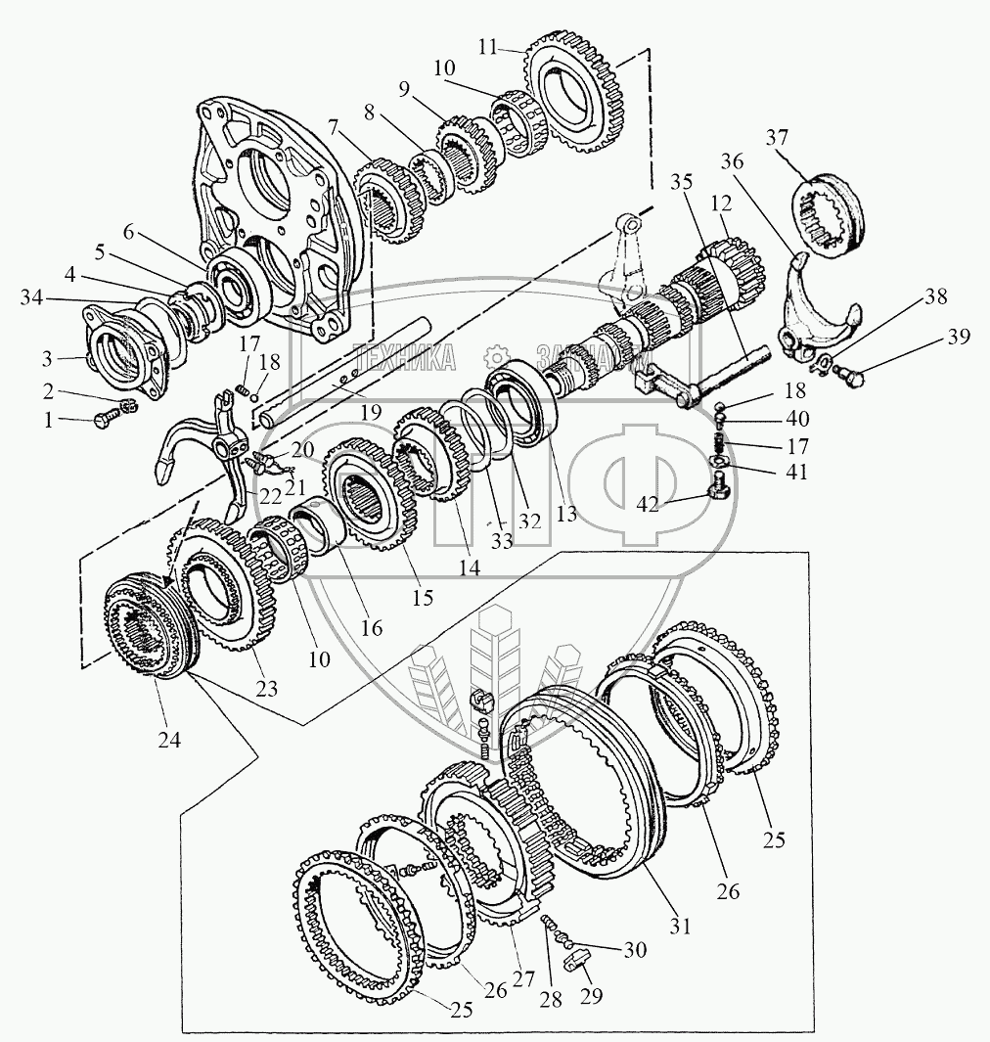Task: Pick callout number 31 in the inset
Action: [680, 925]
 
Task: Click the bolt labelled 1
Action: [101, 421]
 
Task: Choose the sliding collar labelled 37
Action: [832, 217]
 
